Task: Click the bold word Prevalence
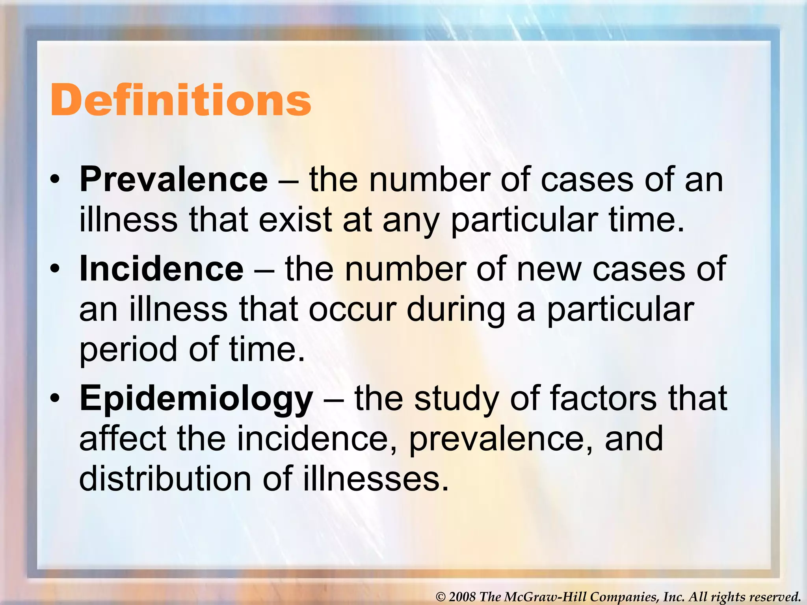pos(174,180)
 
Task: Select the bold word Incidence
pos(162,269)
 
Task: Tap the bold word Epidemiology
pos(196,399)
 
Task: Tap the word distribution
pos(165,479)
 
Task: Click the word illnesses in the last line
pos(376,479)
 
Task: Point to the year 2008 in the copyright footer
pos(463,597)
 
